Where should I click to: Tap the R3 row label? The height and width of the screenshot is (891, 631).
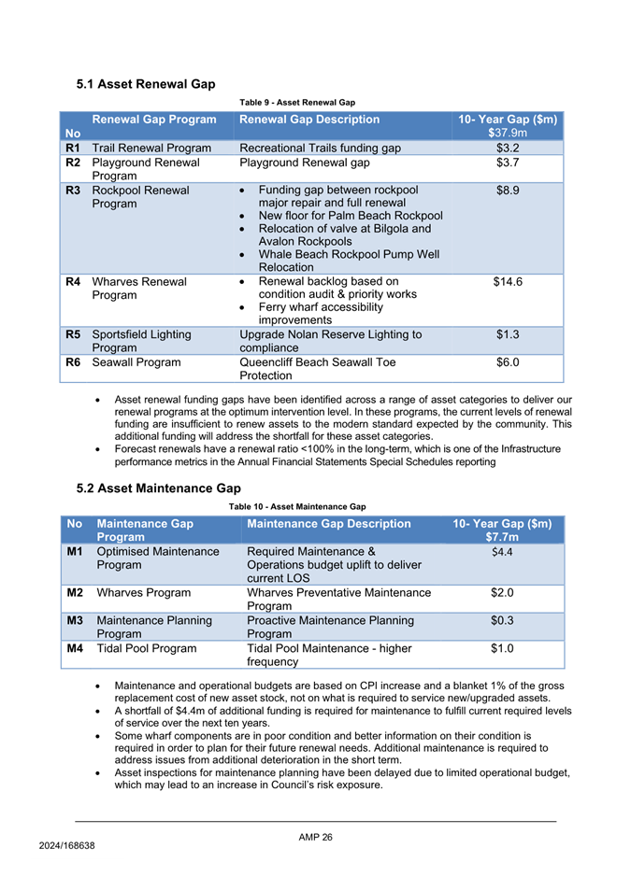coord(70,191)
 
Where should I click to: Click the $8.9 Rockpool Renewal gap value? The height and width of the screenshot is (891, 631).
coord(508,191)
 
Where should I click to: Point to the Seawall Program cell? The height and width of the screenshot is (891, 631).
coord(136,362)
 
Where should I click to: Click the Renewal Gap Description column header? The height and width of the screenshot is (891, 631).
coord(309,120)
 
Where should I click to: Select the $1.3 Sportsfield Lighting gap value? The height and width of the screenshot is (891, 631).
coord(508,334)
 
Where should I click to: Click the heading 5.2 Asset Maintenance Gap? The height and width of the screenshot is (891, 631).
coord(158,488)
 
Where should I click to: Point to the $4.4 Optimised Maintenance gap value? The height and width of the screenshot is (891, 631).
coord(502,552)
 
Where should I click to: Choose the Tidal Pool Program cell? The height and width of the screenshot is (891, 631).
coord(147,648)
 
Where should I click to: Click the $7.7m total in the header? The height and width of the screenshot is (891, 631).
coord(503,537)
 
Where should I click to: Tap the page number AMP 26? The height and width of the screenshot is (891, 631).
coord(315,837)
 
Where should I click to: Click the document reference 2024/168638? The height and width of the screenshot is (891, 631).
coord(67,844)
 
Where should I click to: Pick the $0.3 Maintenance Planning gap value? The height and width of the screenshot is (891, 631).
coord(503,620)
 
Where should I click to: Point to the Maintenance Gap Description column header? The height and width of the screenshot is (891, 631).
coord(329,524)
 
